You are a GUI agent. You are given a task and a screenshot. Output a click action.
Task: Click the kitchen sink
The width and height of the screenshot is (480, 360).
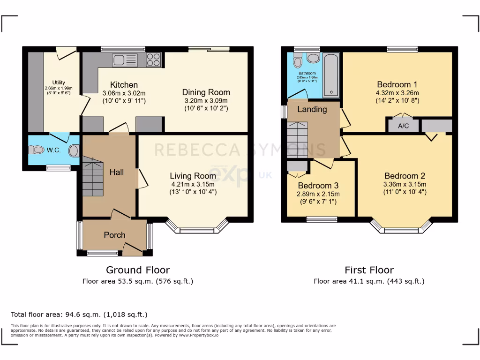125,60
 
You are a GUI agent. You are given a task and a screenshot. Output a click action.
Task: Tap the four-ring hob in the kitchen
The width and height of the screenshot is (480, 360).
153,60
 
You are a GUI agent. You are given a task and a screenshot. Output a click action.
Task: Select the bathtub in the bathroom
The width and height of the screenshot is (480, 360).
331,75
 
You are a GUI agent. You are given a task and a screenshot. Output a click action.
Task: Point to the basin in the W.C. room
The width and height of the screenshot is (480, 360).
74,151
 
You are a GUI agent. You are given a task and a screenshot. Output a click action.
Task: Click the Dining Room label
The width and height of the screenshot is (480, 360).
206,92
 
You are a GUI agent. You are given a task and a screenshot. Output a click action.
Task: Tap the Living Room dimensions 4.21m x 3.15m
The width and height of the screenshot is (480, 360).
193,184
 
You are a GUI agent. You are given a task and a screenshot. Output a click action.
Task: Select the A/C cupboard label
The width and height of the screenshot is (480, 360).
403,126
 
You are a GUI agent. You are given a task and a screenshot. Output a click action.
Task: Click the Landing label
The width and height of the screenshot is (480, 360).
312,109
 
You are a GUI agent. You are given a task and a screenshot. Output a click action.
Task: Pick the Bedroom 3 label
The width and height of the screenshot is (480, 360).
318,185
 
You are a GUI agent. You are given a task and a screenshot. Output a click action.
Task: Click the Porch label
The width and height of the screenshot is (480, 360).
114,235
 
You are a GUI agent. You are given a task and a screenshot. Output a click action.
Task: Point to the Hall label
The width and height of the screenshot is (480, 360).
116,172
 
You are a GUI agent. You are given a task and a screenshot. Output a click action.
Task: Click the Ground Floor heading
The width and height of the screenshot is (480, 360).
138,270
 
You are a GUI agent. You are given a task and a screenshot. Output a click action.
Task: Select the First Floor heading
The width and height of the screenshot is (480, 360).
369,270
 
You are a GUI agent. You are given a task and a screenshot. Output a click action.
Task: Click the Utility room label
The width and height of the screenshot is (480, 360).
59,82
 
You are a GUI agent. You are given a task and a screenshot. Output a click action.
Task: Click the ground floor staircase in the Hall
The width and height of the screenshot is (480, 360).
92,178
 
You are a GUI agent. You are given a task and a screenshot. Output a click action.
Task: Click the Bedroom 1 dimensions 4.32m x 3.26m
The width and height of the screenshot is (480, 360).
397,93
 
